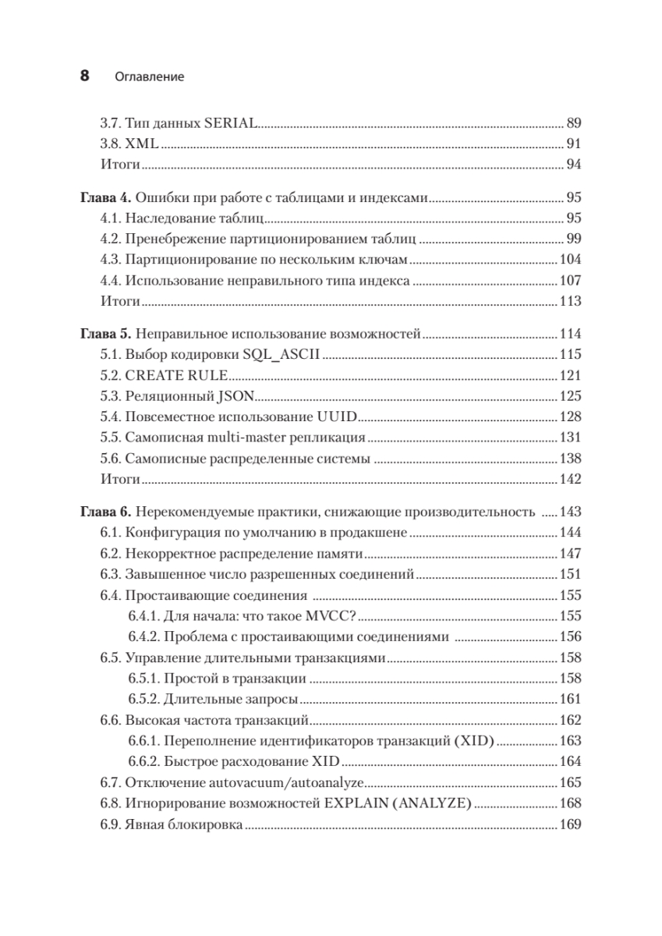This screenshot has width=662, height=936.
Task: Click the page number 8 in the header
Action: [83, 76]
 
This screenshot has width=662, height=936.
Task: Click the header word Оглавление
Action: [149, 77]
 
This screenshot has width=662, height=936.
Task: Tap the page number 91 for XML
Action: [574, 144]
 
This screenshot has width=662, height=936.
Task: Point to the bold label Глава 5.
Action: [108, 334]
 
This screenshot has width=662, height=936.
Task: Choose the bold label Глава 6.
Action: [108, 512]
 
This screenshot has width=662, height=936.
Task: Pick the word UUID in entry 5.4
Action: [337, 416]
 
